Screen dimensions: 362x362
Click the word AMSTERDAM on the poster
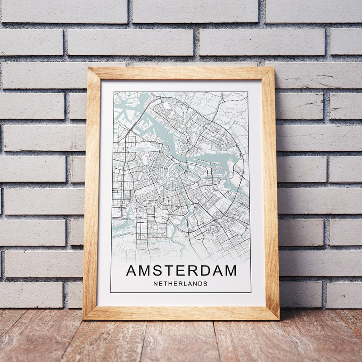(x=181, y=271)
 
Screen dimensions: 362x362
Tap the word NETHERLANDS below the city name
(x=181, y=284)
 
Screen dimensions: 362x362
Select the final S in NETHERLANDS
(x=205, y=284)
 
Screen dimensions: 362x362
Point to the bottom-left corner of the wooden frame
(x=85, y=318)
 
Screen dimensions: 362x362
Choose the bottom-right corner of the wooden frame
(x=278, y=318)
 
